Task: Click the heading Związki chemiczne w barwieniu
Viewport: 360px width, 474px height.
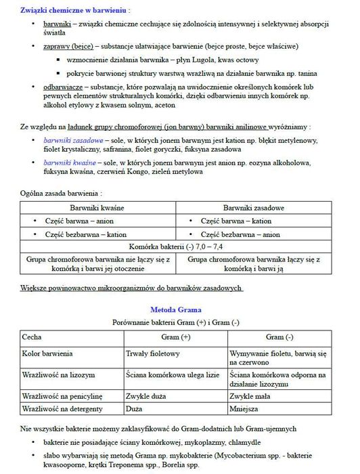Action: pos(75,12)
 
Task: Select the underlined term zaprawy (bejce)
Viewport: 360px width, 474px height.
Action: pos(67,47)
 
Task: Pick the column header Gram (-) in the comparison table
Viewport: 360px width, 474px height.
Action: pos(279,337)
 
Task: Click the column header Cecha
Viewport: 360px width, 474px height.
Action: pos(32,337)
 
